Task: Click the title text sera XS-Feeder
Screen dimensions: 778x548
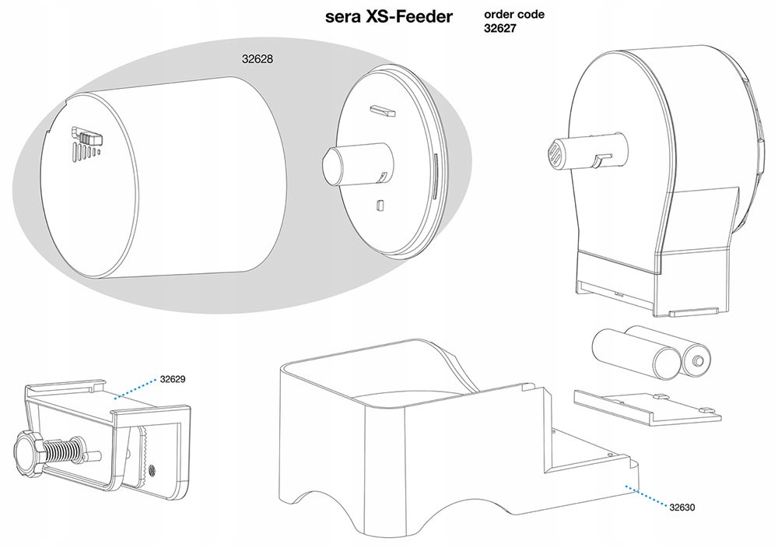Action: click(x=388, y=16)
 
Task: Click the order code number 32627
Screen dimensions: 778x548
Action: click(x=499, y=28)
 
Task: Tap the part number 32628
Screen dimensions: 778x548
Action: click(x=258, y=58)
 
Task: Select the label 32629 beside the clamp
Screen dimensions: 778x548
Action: click(x=173, y=379)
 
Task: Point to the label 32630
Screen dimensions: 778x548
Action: click(x=682, y=508)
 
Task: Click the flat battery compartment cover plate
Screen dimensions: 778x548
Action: click(x=647, y=405)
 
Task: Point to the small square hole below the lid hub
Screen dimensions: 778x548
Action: click(x=380, y=205)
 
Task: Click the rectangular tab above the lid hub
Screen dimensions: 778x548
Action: click(x=383, y=111)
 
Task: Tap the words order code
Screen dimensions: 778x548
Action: click(x=514, y=14)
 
